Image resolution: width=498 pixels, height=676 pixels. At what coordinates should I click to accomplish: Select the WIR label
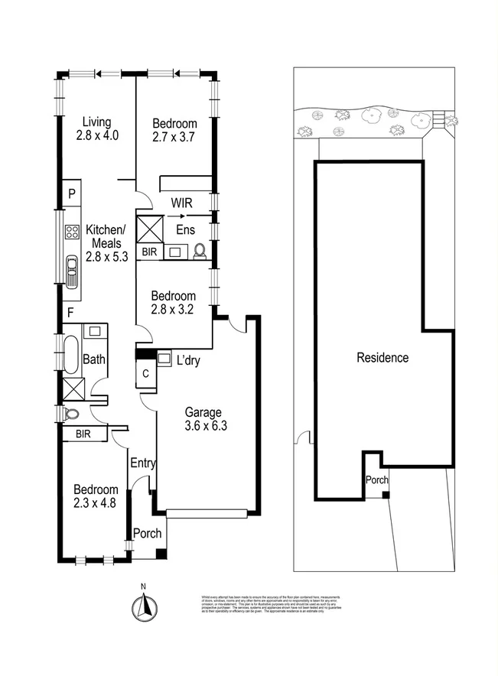click(x=181, y=203)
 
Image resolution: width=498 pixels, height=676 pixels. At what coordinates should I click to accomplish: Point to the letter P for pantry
click(x=71, y=193)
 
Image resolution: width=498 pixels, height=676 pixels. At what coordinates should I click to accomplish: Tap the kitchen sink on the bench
click(x=73, y=270)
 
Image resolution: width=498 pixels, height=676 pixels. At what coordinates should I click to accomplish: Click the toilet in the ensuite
click(x=201, y=250)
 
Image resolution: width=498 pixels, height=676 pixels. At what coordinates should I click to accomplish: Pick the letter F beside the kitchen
click(x=70, y=312)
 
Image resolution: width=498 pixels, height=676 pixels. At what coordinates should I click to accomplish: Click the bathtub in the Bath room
click(x=70, y=356)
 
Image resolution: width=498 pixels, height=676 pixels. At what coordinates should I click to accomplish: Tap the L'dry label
click(x=188, y=361)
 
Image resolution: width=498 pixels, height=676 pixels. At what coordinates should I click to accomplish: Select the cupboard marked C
click(x=145, y=374)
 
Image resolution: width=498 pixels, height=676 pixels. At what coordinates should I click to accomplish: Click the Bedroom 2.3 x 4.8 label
click(x=96, y=496)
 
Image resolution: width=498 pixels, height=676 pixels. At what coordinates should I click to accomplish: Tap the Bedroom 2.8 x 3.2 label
click(x=173, y=303)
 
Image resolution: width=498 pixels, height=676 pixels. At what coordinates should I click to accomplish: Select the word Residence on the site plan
click(x=382, y=357)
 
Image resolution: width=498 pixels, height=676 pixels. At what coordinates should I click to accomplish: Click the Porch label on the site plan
click(x=376, y=480)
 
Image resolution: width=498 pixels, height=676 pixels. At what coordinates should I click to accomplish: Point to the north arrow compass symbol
click(x=142, y=606)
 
